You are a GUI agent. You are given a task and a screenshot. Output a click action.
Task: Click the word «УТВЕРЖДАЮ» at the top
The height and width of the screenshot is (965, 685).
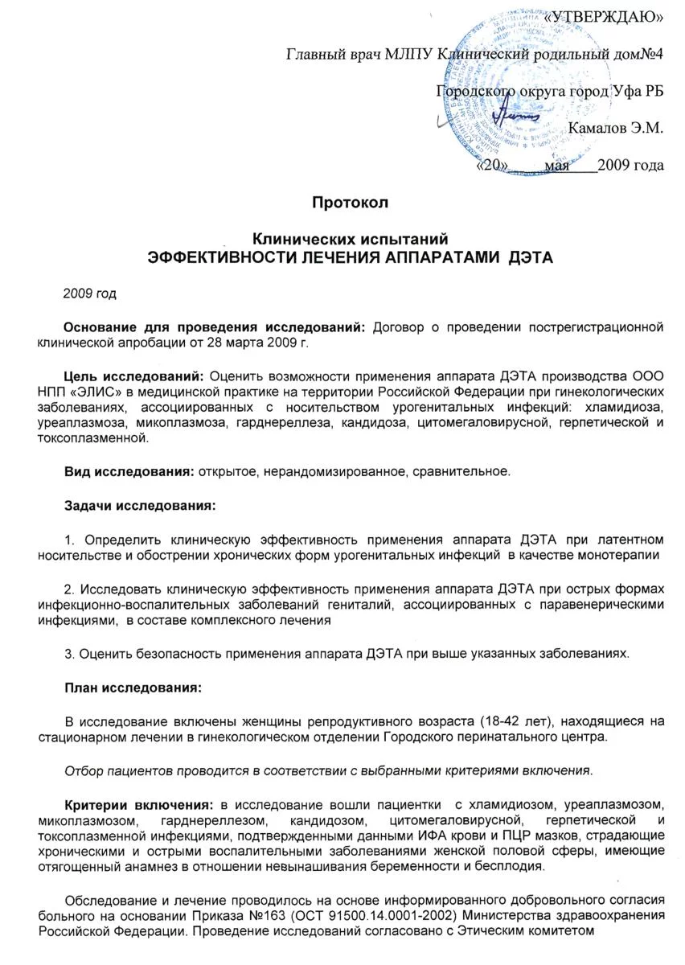click(x=605, y=17)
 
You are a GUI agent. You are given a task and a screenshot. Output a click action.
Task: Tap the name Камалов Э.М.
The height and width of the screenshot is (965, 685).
click(x=616, y=128)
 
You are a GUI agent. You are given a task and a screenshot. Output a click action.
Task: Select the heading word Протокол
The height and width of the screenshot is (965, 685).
click(x=350, y=203)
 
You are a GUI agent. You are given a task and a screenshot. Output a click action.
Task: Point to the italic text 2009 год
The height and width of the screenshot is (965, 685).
click(x=89, y=294)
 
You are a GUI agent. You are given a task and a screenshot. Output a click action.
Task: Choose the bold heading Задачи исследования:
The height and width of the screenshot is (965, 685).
click(x=139, y=506)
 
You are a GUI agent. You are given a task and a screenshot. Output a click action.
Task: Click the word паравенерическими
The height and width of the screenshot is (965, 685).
click(x=592, y=605)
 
